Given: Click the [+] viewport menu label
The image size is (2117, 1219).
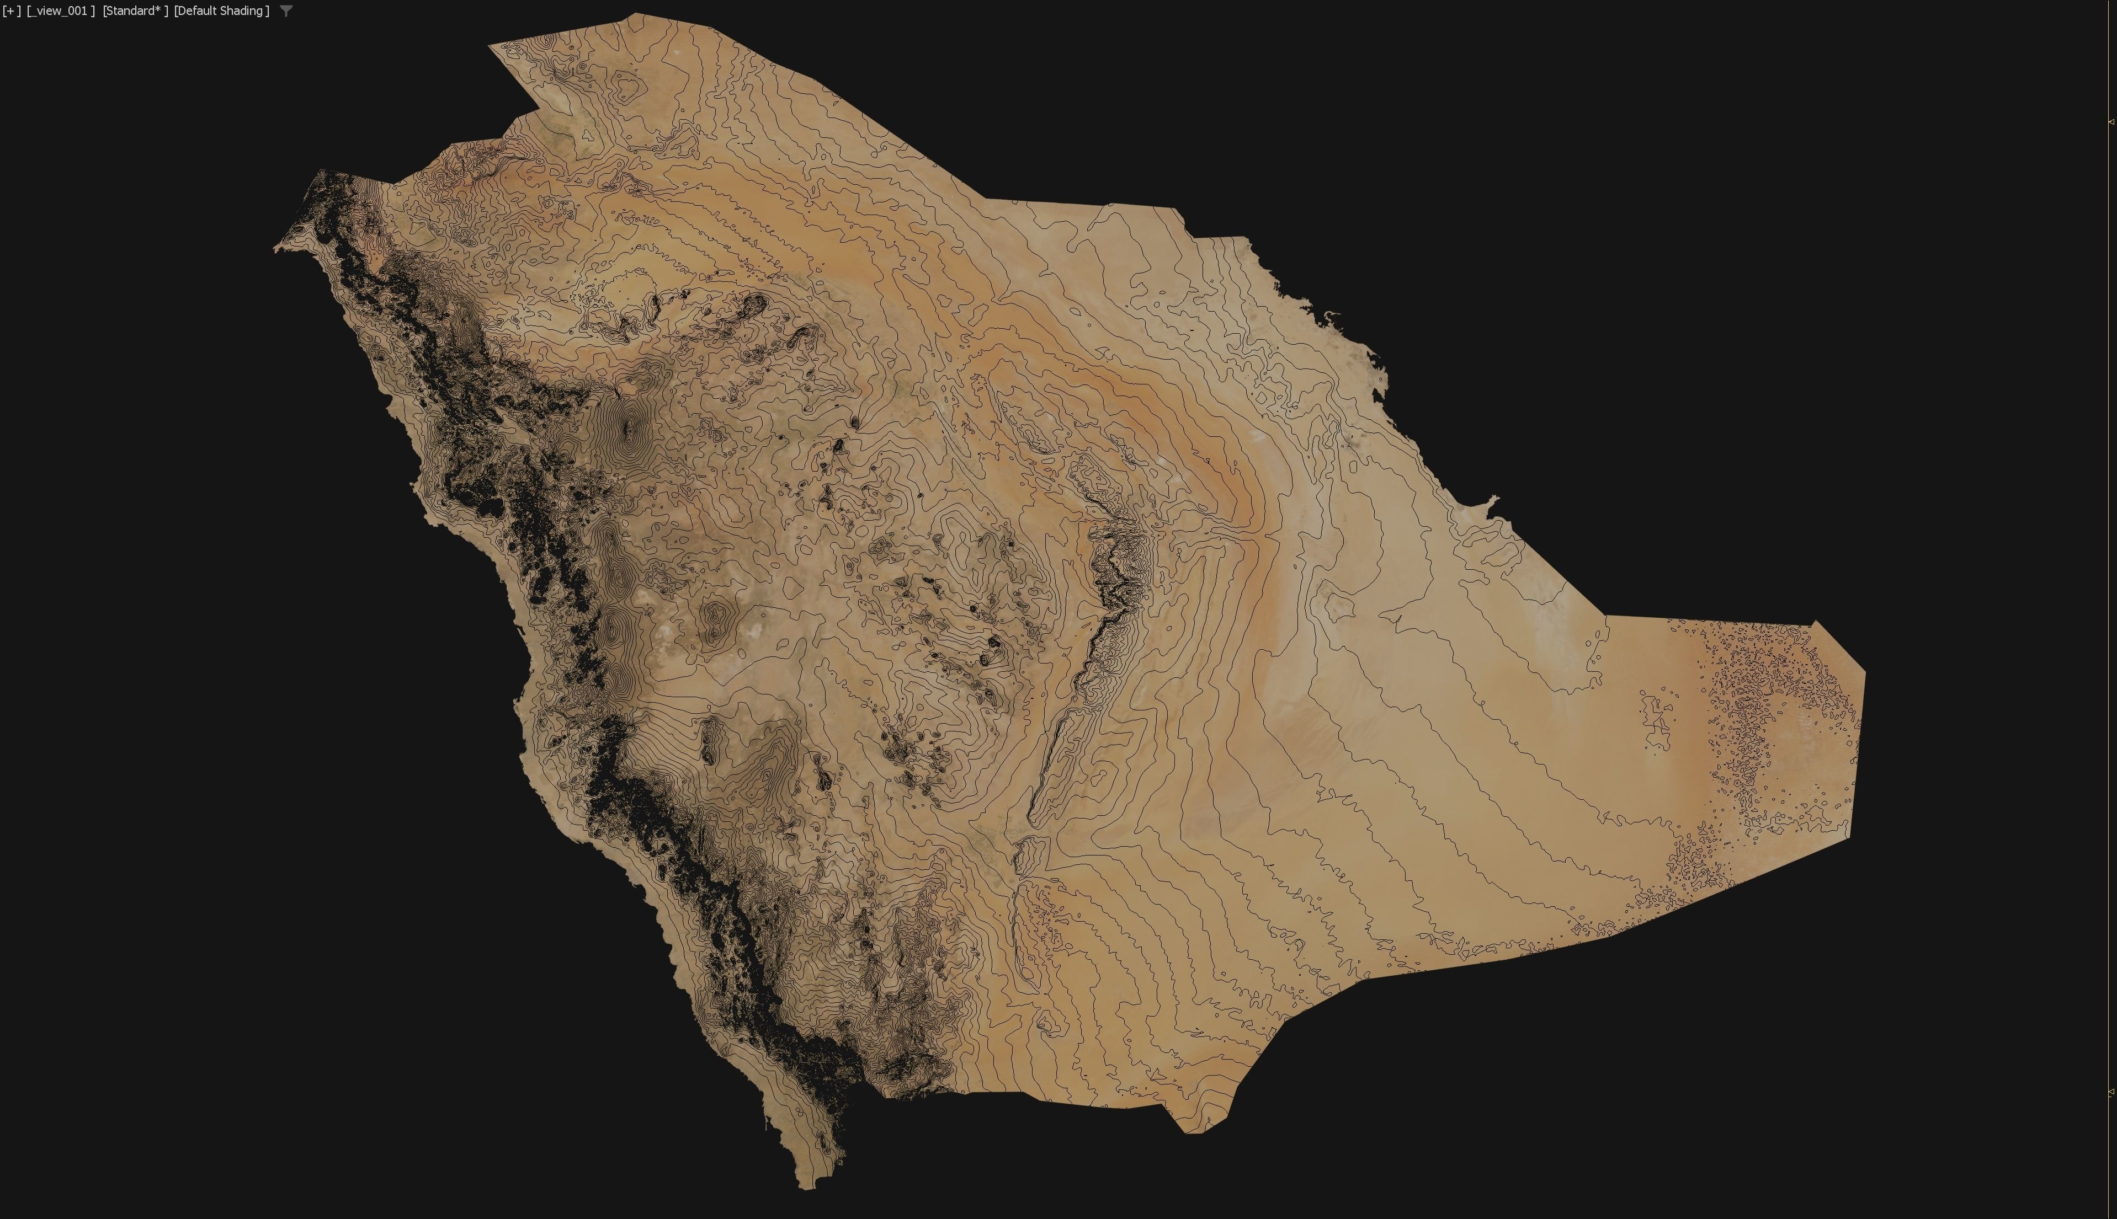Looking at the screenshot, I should [12, 11].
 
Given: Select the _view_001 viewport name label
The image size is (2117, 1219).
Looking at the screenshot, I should [60, 11].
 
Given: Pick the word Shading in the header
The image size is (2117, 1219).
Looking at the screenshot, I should [242, 11].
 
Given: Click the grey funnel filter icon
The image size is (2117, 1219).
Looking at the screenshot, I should [286, 11].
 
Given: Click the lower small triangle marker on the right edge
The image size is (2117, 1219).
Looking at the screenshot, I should [2111, 1092].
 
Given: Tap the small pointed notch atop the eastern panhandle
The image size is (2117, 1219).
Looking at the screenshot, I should [1815, 622].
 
